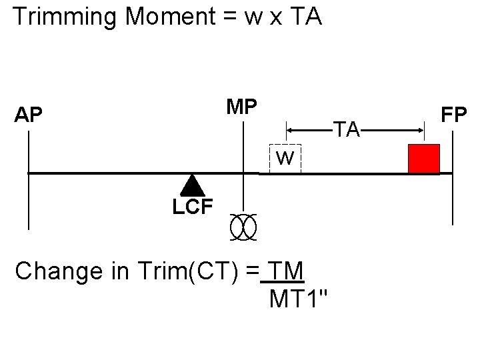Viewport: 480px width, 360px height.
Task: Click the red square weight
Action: point(424,159)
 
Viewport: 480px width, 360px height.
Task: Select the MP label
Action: point(243,107)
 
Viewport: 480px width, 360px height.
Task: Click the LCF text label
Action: point(192,207)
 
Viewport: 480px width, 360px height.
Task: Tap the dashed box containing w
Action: point(285,159)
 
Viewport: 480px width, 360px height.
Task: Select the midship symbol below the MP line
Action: point(243,227)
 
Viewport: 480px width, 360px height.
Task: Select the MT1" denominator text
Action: point(298,299)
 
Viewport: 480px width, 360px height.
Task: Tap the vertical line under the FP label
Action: point(453,180)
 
